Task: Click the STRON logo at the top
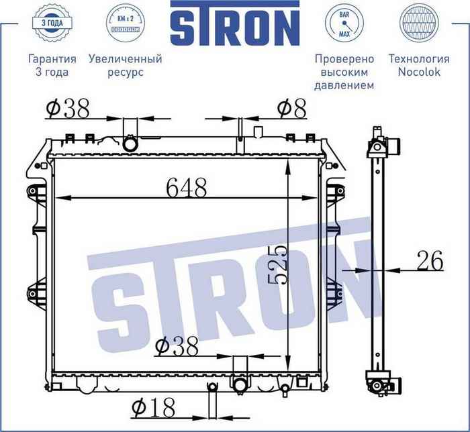pyautogui.click(x=234, y=27)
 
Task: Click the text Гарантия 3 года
pyautogui.click(x=52, y=65)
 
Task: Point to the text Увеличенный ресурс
pyautogui.click(x=125, y=65)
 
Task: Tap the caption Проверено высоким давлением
pyautogui.click(x=344, y=72)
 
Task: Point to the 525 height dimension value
pyautogui.click(x=277, y=265)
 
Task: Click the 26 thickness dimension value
pyautogui.click(x=429, y=261)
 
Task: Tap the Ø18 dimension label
pyautogui.click(x=153, y=407)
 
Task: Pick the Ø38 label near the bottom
pyautogui.click(x=177, y=346)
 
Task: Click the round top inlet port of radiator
pyautogui.click(x=130, y=144)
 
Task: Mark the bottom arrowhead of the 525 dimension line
pyautogui.click(x=288, y=358)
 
